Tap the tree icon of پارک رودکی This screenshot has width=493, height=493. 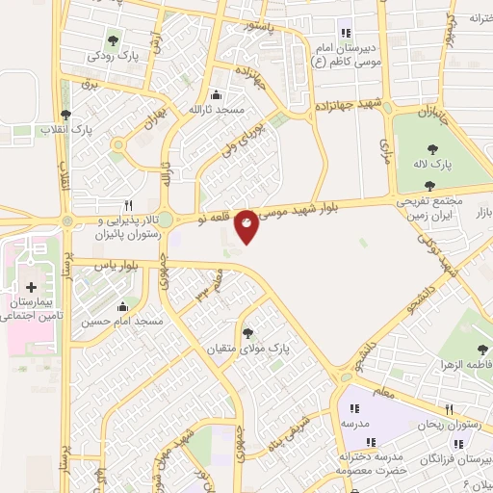click(114, 40)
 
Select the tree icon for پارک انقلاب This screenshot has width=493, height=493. click(65, 114)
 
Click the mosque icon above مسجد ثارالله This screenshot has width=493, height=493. click(215, 94)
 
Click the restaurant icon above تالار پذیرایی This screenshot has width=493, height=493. click(128, 205)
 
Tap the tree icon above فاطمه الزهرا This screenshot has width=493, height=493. click(482, 350)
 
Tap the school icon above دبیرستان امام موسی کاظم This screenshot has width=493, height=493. click(347, 33)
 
